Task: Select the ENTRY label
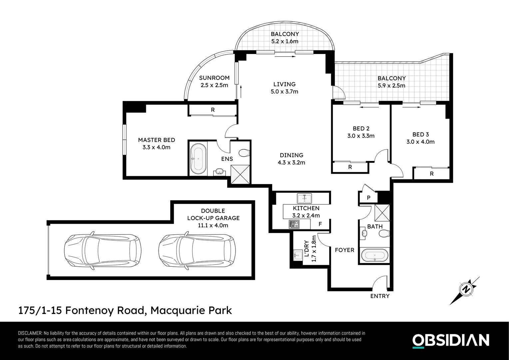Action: click(380, 296)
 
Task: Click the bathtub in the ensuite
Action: click(198, 159)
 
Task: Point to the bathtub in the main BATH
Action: click(374, 255)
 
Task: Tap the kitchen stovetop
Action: click(294, 224)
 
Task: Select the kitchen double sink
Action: click(304, 198)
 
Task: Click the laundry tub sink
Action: click(298, 255)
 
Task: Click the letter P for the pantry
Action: click(368, 198)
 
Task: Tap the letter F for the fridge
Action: click(320, 224)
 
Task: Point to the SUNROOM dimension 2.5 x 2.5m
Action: click(214, 85)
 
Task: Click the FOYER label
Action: click(344, 250)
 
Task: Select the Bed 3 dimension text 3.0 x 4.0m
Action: click(420, 142)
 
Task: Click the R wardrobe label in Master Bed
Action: click(213, 110)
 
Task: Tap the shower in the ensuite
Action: click(240, 174)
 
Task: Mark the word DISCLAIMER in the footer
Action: click(30, 333)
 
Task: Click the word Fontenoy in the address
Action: click(90, 310)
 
